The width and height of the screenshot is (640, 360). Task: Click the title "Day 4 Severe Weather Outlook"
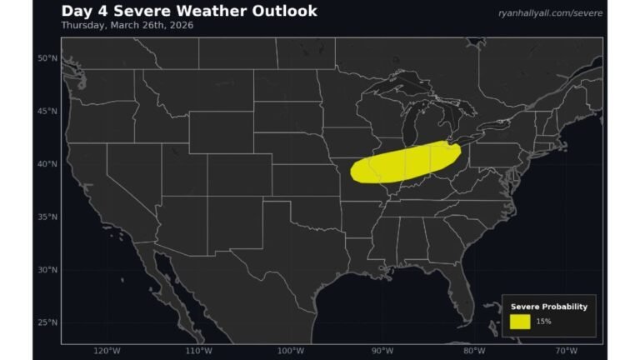coord(189,11)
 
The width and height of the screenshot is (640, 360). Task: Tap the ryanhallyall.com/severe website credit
coord(550,13)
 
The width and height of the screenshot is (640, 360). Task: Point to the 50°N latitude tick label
coord(47,58)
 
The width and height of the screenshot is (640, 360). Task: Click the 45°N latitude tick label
coord(47,111)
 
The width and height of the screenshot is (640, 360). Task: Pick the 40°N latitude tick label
coord(47,164)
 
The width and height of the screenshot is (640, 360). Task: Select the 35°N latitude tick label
coord(47,217)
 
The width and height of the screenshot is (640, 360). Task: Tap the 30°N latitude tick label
coord(47,270)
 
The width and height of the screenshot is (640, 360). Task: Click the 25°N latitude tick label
coord(47,322)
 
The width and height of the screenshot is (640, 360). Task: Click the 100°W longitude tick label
coord(290,350)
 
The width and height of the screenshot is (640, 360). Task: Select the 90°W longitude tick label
coord(382,350)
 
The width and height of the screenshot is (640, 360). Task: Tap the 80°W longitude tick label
coord(474,350)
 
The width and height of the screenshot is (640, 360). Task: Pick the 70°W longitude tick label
coord(566,350)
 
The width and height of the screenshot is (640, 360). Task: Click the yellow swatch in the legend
coord(520,321)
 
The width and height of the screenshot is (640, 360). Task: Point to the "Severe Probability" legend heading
coord(549,307)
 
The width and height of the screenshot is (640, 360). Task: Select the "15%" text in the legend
coord(543,322)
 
